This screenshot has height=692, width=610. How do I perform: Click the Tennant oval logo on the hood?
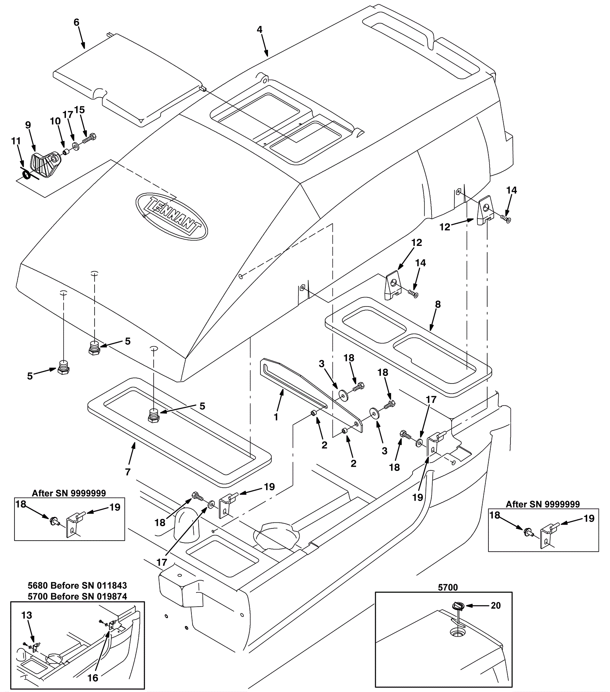tap(172, 216)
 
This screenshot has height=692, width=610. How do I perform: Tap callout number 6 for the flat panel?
tap(76, 22)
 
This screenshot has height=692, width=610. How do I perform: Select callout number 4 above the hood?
tap(260, 30)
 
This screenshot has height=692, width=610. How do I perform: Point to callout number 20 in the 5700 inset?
tap(496, 605)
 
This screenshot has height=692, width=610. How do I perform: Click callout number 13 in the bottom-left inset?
tap(27, 615)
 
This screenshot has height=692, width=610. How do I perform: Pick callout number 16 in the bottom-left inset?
tap(93, 678)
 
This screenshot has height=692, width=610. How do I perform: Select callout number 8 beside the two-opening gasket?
tap(438, 304)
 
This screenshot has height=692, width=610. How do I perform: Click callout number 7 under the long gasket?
tap(128, 472)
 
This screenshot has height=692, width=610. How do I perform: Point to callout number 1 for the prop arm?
tap(276, 417)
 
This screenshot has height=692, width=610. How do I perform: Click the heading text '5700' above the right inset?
tap(448, 588)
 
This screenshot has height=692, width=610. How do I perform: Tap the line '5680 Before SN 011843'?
tap(77, 585)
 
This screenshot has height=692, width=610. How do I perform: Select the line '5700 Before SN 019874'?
tap(77, 596)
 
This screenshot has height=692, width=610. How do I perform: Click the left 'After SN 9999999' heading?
tap(69, 493)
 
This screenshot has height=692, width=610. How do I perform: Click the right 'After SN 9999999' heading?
tap(543, 504)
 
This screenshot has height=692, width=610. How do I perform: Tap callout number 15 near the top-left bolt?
tap(79, 110)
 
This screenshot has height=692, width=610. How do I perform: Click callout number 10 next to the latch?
tap(55, 121)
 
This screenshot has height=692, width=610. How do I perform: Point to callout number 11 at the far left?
tap(16, 141)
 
